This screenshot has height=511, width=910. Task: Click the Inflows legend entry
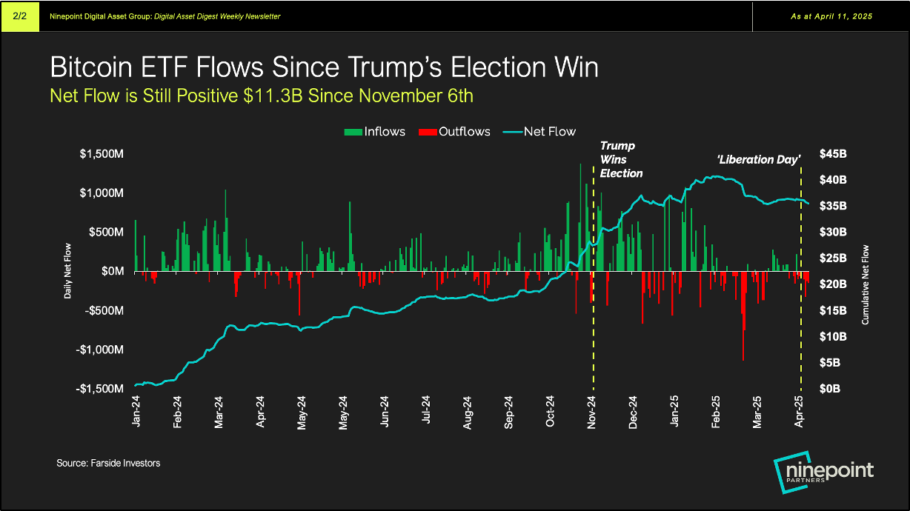[375, 132]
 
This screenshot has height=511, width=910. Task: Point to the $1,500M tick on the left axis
[102, 154]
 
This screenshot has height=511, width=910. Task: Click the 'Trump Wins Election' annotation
[620, 159]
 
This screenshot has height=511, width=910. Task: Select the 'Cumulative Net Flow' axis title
[865, 284]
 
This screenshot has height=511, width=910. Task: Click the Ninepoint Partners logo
[823, 473]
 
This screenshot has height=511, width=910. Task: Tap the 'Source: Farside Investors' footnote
[108, 463]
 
